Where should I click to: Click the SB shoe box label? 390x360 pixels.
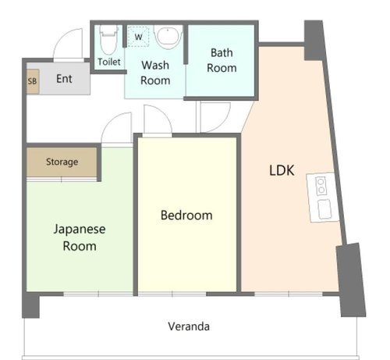point(32,81)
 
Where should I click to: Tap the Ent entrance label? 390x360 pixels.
point(64,79)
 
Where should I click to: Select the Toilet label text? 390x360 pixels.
point(109,62)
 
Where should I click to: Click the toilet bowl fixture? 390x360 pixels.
point(108,39)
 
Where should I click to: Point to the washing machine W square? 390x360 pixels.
point(138,37)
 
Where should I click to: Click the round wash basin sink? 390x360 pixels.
point(168,37)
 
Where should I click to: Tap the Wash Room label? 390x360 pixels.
point(155,73)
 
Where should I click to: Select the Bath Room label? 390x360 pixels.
point(222,60)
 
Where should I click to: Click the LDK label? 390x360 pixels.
point(282,170)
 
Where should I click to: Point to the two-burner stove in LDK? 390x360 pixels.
point(321,185)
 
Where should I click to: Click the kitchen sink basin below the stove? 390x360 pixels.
point(324,209)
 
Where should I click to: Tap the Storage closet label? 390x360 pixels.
point(62,162)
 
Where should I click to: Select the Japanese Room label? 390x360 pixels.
point(80,237)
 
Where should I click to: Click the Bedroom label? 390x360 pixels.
point(186,216)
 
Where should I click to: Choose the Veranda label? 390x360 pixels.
point(189,326)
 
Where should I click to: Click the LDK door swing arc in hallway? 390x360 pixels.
point(224,123)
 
